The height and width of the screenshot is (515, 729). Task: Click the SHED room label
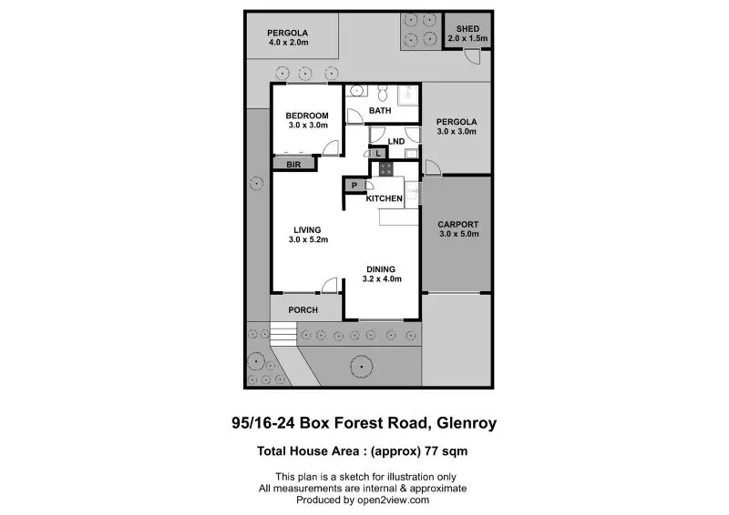tap(467, 29)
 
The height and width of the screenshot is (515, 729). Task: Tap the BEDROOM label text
tap(307, 116)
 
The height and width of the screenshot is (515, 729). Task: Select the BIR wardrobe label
tap(293, 165)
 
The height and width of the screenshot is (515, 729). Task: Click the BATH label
tap(380, 110)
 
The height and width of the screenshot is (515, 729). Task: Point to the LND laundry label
tap(396, 141)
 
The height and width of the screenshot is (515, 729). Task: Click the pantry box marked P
tap(354, 186)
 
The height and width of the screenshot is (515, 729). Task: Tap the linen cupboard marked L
tap(378, 153)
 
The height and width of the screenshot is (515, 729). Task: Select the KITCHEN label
tap(384, 198)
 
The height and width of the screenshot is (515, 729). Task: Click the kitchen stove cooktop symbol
tap(385, 168)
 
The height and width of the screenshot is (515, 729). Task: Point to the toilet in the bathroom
tap(383, 93)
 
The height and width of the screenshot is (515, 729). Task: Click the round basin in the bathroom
tap(356, 91)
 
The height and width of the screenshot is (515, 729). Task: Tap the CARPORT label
tap(458, 225)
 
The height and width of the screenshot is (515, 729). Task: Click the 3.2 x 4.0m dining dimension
tap(382, 278)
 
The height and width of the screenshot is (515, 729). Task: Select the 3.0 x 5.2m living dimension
tap(308, 239)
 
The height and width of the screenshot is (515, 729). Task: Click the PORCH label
tap(303, 309)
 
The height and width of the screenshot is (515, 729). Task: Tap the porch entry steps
tap(283, 334)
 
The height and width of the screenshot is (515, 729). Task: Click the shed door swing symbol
tap(473, 56)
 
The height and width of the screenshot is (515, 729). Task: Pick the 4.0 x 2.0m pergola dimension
tap(288, 42)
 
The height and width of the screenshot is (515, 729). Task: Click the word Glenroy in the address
tap(467, 423)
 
